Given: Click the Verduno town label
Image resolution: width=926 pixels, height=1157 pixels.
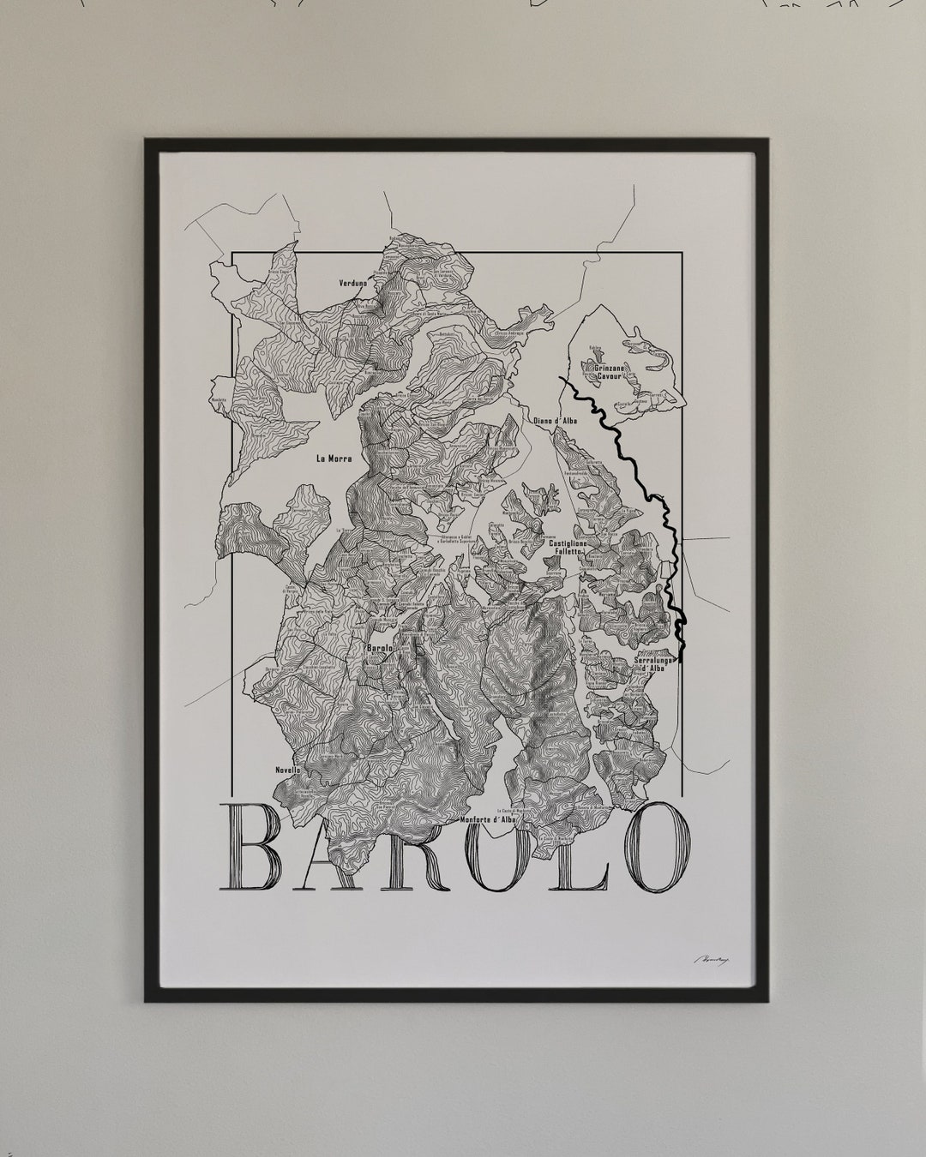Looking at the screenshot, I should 352,281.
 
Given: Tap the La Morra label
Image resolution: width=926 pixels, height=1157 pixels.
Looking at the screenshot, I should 334,459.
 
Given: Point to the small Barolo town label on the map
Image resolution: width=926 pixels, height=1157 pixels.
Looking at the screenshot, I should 379,649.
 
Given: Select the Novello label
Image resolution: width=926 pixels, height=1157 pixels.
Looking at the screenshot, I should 288,770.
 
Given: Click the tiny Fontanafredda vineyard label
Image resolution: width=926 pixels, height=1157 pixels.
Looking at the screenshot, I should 578,474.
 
